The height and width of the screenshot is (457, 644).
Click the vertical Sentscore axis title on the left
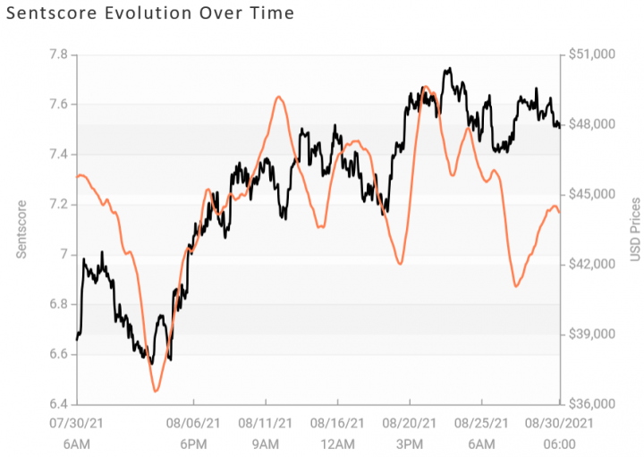tap(21, 229)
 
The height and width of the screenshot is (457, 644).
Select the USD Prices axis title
tap(633, 229)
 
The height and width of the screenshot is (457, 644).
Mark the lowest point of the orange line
tap(156, 391)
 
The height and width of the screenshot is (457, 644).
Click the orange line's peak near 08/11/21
tap(279, 97)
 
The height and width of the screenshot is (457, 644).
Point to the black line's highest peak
tap(448, 68)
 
